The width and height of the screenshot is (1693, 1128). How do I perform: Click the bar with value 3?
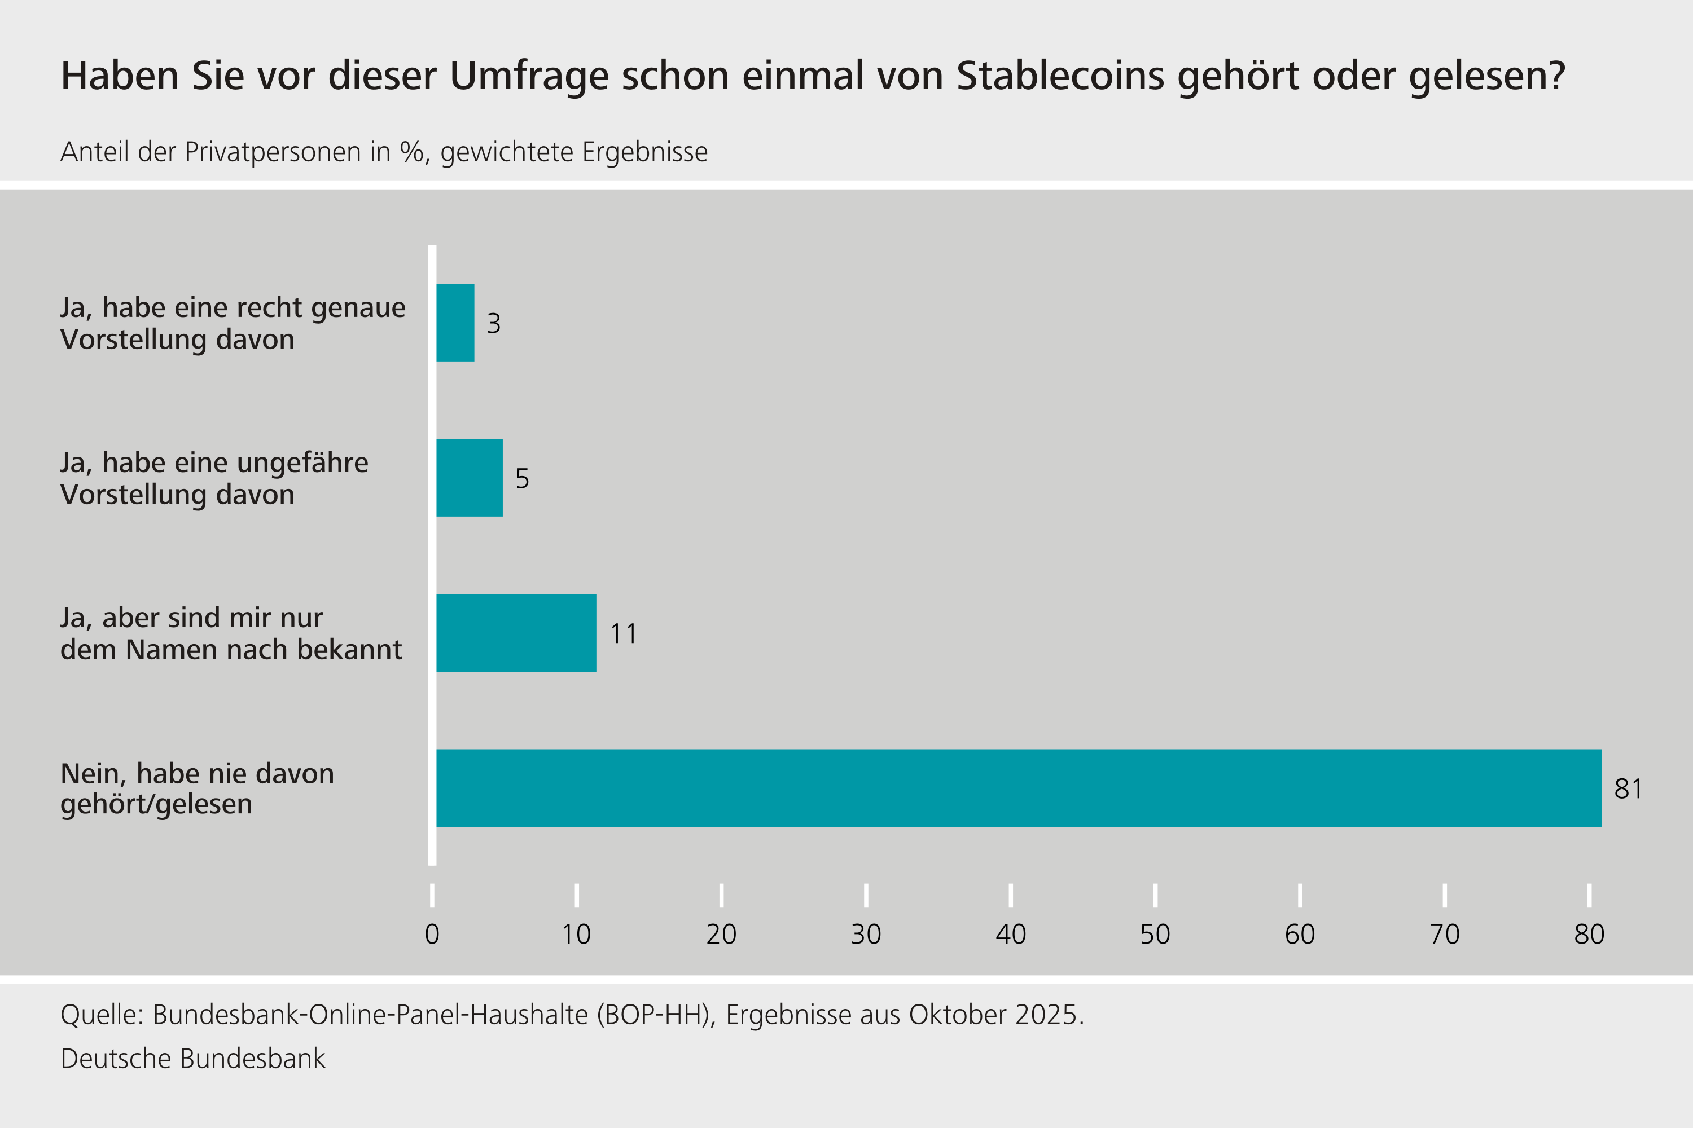455,322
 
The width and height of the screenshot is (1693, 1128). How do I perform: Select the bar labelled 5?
470,478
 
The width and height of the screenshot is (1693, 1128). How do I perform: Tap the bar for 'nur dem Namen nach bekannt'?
516,633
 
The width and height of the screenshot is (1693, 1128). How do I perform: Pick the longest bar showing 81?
1019,788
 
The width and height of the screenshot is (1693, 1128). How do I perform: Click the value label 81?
1628,789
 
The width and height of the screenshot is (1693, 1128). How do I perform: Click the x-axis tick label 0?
432,935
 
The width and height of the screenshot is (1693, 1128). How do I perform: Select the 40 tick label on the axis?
1011,935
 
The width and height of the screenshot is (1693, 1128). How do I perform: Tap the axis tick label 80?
1589,935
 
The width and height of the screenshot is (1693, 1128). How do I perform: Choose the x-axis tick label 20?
721,935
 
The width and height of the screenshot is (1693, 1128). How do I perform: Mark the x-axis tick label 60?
1300,935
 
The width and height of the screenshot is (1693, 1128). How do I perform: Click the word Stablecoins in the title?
1060,76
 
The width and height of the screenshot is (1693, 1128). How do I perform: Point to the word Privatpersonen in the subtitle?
287,152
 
